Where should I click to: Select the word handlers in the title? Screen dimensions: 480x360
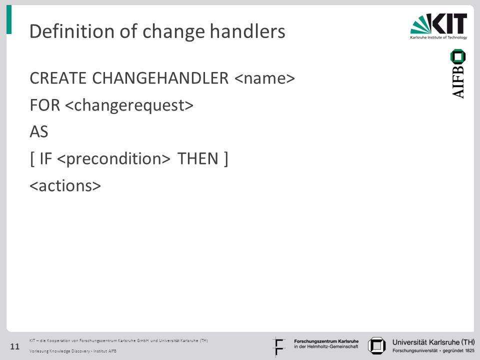(x=247, y=31)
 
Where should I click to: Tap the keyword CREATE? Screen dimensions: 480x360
(x=58, y=78)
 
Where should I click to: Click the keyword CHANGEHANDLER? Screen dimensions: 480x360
(x=160, y=78)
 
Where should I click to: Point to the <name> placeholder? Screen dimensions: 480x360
(x=264, y=78)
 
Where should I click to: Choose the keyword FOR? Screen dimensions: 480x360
(x=44, y=105)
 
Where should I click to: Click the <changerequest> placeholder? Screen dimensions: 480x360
(x=129, y=105)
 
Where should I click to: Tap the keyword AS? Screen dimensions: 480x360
(x=39, y=132)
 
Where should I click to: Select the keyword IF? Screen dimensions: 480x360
(x=45, y=158)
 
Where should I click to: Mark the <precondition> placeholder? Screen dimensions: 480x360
(x=113, y=159)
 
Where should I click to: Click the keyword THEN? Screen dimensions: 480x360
(x=198, y=158)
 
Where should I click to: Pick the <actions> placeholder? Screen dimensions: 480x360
(x=65, y=186)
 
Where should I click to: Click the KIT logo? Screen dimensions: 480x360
(x=438, y=26)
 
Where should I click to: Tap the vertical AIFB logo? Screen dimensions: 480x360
(x=458, y=74)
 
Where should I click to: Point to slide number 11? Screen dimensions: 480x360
(x=14, y=346)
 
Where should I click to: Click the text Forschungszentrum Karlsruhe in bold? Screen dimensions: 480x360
(x=326, y=341)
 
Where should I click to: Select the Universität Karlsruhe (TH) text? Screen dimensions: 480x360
(x=433, y=342)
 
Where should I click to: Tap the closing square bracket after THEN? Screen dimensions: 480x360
(x=226, y=159)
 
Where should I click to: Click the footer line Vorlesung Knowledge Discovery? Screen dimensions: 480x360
(x=73, y=351)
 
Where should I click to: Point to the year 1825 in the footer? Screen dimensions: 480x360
(x=469, y=350)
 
